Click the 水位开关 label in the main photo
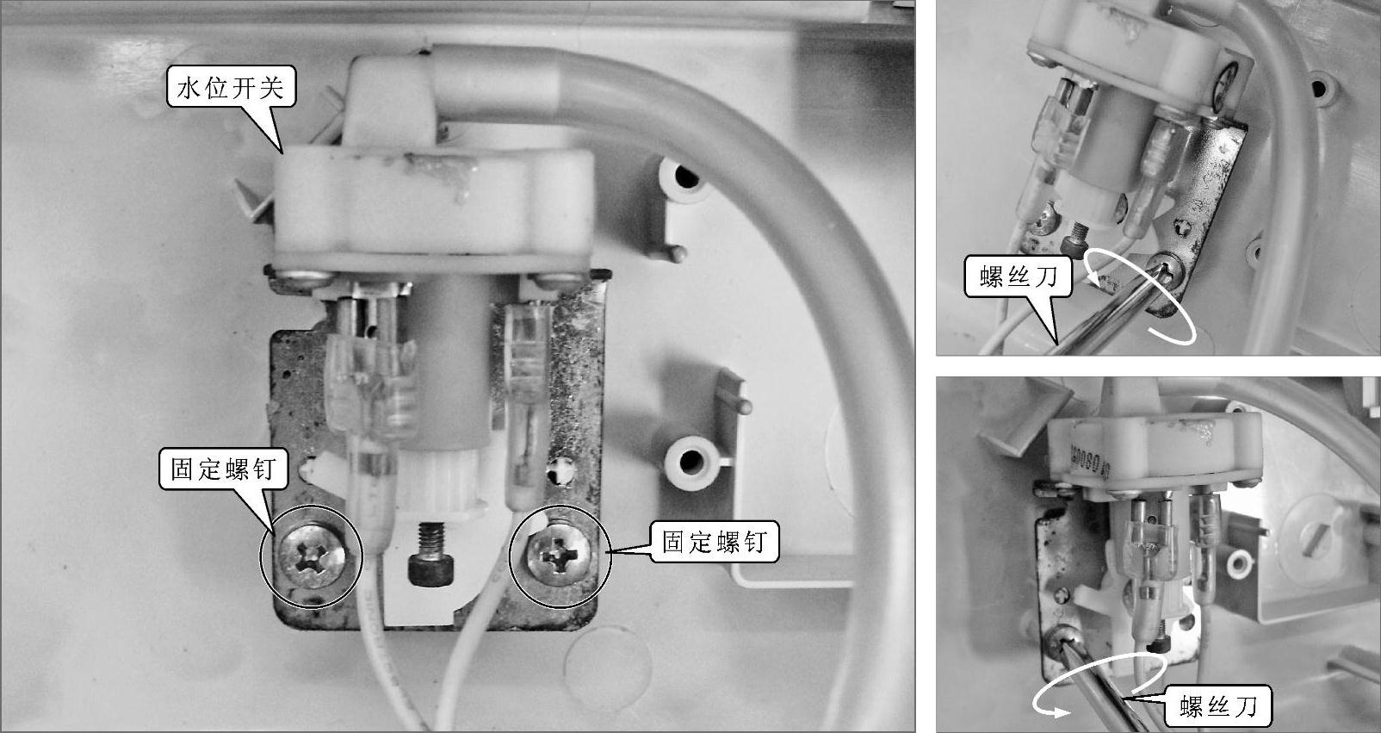pos(231,89)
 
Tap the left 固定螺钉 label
pos(223,469)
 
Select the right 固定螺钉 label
pos(714,543)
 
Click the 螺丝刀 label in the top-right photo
pos(1018,277)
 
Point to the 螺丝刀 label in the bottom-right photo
pos(1218,705)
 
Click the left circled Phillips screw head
pos(312,557)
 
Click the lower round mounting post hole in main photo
pos(691,460)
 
